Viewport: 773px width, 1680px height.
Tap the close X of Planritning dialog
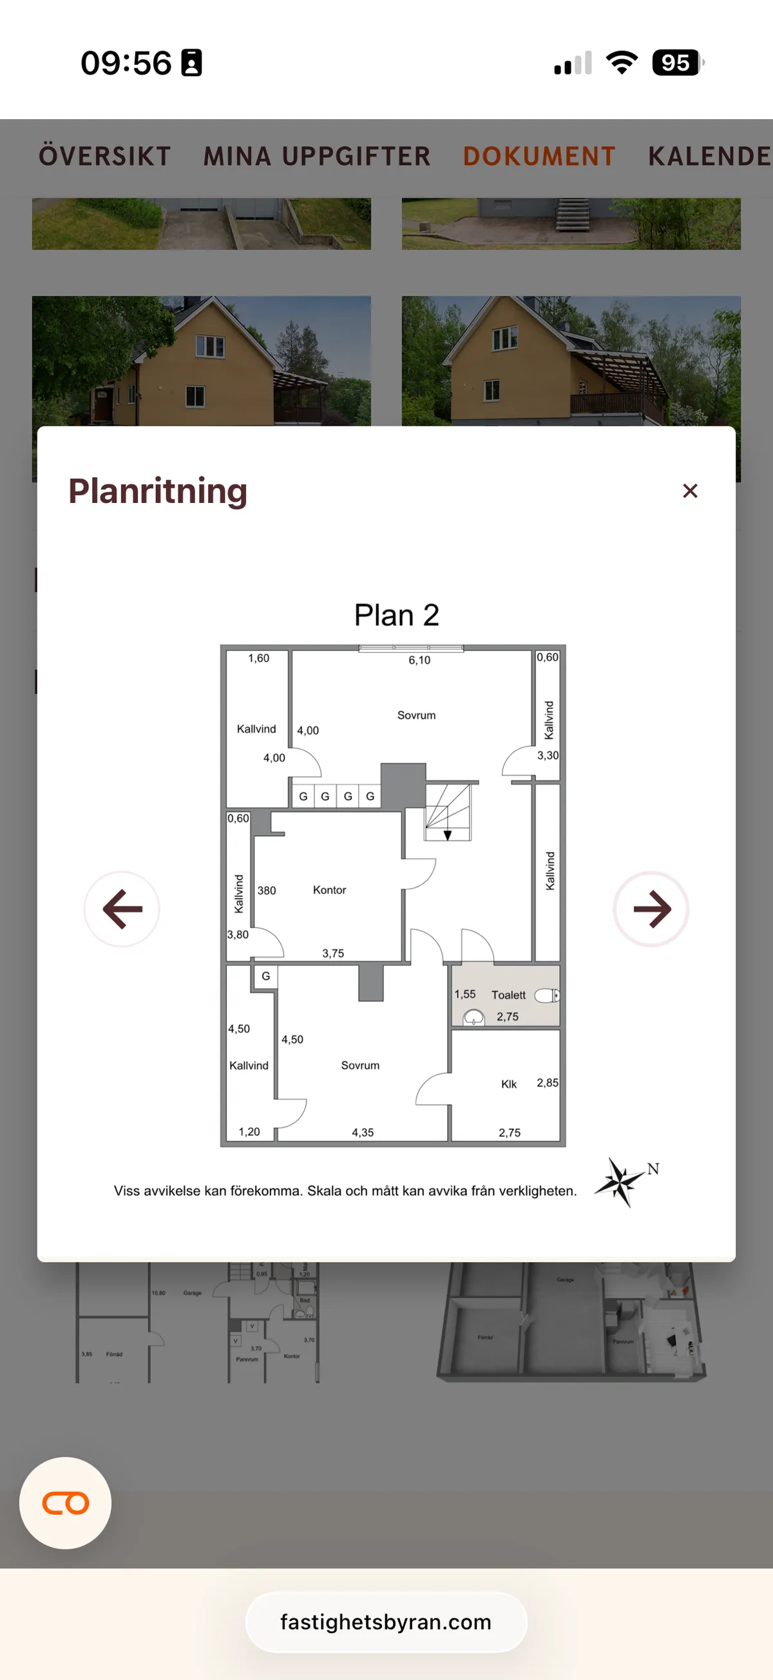coord(689,491)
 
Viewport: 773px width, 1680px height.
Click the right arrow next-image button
coord(651,909)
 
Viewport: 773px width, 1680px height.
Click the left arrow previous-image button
coord(122,909)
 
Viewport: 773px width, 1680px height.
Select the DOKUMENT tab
coord(539,156)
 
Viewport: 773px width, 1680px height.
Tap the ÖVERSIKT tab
coord(104,156)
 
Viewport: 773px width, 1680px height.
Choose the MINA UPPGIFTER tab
coord(317,156)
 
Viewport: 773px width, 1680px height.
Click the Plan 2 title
coord(396,615)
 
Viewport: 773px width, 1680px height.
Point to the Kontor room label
coord(329,890)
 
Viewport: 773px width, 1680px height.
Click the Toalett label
coord(508,996)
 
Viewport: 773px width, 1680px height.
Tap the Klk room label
coord(509,1084)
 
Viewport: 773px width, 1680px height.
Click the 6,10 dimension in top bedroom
coord(419,660)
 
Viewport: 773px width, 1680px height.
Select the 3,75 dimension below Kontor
coord(332,954)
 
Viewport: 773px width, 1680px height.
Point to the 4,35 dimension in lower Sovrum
coord(363,1133)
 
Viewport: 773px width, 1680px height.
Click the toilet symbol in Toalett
coord(547,996)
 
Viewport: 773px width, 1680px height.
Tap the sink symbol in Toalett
coord(473,1017)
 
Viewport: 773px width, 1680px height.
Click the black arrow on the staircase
coord(448,835)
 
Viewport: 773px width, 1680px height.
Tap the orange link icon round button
coord(65,1503)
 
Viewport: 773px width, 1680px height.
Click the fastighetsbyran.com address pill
coord(386,1622)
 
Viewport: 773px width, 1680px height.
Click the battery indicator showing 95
coord(676,63)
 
